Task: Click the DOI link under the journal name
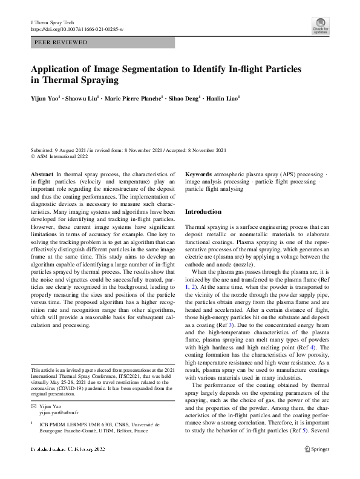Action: click(x=76, y=28)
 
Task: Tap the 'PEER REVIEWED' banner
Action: click(x=61, y=42)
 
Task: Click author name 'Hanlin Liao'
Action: click(x=221, y=97)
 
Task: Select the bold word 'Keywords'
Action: click(x=198, y=173)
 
